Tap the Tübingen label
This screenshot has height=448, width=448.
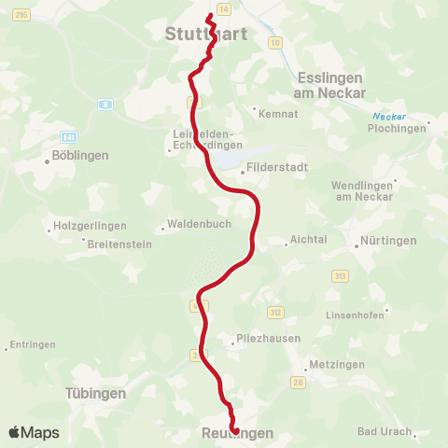coord(95,394)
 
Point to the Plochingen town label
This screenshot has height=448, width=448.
coord(402,129)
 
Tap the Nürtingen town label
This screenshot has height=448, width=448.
coord(386,240)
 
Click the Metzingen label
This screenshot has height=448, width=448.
coord(335,364)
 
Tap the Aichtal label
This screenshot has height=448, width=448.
coord(309,239)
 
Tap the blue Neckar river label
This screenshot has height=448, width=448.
coord(384,116)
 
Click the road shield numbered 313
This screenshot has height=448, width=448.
coord(341,275)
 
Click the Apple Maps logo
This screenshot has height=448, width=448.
coord(34,432)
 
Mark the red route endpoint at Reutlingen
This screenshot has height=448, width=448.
coord(233,431)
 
